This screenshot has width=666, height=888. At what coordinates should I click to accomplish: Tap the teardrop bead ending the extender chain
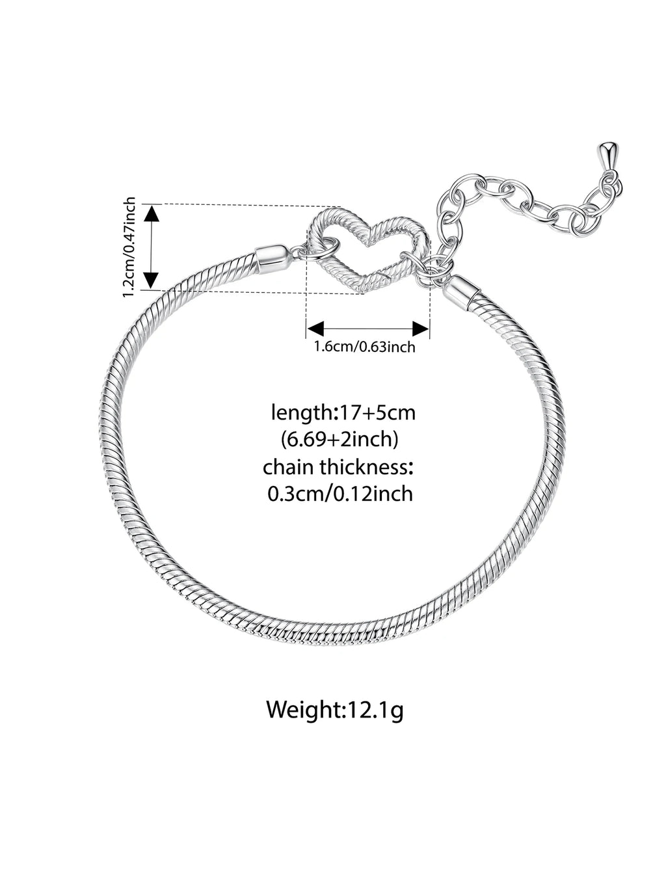coord(608,155)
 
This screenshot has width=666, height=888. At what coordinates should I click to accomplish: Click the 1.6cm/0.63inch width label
coord(365,347)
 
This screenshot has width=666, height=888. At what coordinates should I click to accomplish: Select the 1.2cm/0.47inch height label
coord(129,247)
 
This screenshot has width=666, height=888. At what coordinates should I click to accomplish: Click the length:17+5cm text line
coord(343,413)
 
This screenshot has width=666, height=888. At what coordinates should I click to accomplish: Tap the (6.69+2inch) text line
coord(340,440)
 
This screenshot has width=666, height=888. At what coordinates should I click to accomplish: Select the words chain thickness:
coord(338,467)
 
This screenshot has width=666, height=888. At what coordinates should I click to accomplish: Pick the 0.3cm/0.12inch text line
coord(341,494)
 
